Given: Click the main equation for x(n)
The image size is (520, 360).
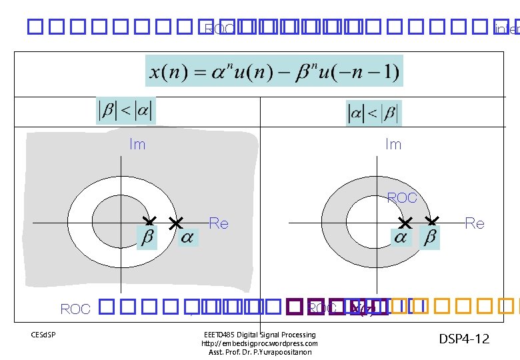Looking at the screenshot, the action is [x=274, y=71].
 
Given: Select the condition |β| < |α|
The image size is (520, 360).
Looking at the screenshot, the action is [x=125, y=111].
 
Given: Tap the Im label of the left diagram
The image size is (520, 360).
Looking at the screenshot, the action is [x=137, y=144].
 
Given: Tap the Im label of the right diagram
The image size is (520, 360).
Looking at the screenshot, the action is [x=393, y=144].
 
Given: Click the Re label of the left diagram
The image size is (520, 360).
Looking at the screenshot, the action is [x=219, y=223].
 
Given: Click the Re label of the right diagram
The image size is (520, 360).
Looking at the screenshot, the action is [x=474, y=223].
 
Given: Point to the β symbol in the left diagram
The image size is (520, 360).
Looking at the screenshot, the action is [x=145, y=238].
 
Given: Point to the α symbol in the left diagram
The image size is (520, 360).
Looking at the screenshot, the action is [x=188, y=238].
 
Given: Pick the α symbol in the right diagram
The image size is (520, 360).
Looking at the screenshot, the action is [x=401, y=238].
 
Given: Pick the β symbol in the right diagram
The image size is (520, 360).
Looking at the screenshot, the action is [x=431, y=238].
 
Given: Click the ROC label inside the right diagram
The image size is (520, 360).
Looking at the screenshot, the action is [x=402, y=198].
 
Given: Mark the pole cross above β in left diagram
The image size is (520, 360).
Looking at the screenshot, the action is [x=150, y=220].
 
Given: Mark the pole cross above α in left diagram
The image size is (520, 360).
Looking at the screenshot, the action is [x=175, y=222].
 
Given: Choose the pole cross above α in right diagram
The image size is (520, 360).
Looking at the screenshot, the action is [x=405, y=221].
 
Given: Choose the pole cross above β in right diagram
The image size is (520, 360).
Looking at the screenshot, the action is [x=432, y=221].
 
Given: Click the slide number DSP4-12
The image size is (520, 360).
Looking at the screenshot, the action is [x=464, y=339].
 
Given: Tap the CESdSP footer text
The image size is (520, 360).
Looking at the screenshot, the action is [x=43, y=333].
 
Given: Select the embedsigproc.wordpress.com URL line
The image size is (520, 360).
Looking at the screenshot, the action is [x=259, y=343].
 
